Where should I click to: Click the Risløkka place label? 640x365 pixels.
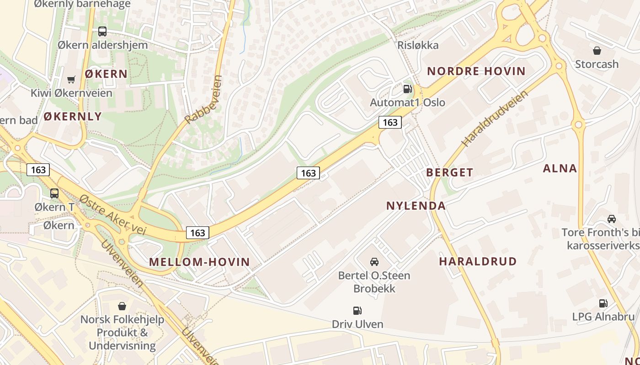[418, 45]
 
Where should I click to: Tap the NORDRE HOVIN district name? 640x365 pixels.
[476, 71]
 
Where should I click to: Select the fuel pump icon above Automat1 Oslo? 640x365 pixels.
[407, 89]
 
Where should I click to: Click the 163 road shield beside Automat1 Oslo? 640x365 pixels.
[390, 122]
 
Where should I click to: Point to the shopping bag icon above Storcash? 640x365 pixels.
[597, 50]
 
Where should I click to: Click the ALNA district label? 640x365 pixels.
[560, 168]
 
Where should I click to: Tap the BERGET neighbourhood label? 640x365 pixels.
[449, 172]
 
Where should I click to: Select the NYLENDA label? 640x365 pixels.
[416, 206]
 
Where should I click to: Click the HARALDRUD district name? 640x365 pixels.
[478, 261]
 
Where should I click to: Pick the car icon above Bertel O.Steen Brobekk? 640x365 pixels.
[374, 261]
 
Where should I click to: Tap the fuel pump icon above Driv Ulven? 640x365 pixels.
[357, 311]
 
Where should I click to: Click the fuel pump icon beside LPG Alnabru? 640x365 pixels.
[603, 303]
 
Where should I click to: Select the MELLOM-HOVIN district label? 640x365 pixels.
[199, 262]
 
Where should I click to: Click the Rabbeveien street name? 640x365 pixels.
[204, 99]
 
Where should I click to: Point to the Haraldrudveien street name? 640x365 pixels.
[495, 118]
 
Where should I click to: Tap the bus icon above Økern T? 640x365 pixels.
[54, 193]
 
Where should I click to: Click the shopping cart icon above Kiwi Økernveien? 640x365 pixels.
[71, 80]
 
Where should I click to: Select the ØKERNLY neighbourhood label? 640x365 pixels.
[73, 116]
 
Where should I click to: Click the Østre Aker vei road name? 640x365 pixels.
[112, 214]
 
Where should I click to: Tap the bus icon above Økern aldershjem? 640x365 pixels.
[102, 31]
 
